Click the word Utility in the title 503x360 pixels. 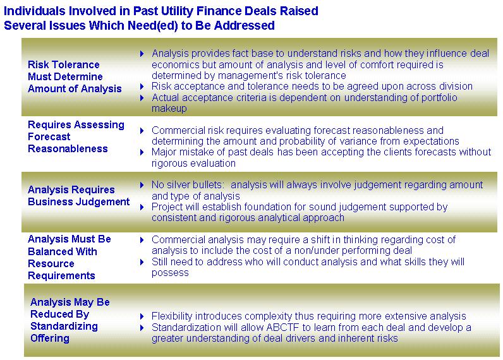pyautogui.click(x=174, y=11)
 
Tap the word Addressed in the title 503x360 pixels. pyautogui.click(x=245, y=25)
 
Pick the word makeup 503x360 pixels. pyautogui.click(x=169, y=109)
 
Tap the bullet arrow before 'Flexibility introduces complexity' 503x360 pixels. pyautogui.click(x=142, y=316)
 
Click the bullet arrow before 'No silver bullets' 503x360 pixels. pyautogui.click(x=142, y=185)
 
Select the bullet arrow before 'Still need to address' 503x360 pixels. pyautogui.click(x=142, y=262)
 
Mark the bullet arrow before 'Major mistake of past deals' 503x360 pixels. pyautogui.click(x=142, y=152)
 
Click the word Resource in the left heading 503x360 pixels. pyautogui.click(x=51, y=263)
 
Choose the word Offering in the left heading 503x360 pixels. pyautogui.click(x=50, y=338)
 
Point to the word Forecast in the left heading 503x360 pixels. pyautogui.click(x=49, y=136)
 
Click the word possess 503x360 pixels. pyautogui.click(x=170, y=273)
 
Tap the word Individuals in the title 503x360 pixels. pyautogui.click(x=35, y=11)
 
